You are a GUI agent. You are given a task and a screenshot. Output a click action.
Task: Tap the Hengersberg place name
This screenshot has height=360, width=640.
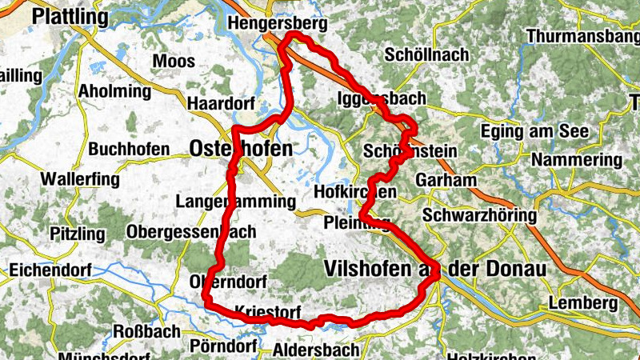(278, 25)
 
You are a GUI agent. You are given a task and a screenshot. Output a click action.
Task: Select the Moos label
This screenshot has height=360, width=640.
(173, 61)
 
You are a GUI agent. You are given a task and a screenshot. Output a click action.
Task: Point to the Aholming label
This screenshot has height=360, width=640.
(114, 91)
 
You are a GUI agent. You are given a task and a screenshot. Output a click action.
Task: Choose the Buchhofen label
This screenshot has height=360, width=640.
(129, 150)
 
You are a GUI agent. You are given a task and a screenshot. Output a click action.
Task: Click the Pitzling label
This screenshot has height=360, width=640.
(77, 234)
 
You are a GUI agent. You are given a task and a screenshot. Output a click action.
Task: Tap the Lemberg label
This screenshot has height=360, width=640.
(583, 304)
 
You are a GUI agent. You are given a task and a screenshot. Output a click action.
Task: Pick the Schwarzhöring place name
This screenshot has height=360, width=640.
(479, 216)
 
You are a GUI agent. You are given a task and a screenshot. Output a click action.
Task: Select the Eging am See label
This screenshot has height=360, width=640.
(536, 131)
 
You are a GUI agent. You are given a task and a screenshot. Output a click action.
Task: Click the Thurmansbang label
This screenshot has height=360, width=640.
(582, 37)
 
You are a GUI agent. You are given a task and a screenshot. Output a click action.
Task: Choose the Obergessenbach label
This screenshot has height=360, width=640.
(191, 232)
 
